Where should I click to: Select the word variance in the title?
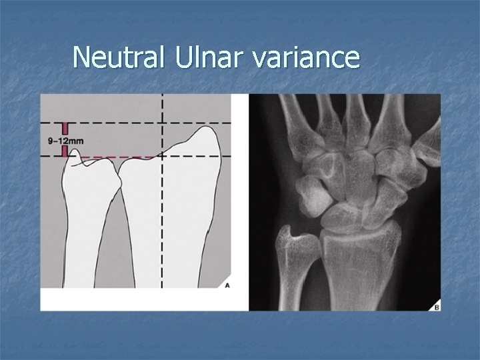[306, 59]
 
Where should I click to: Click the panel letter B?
[436, 306]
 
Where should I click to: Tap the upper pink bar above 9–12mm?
[65, 129]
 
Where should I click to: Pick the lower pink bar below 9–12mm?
[65, 151]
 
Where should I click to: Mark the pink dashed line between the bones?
[120, 158]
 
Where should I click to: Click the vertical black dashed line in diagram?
[163, 220]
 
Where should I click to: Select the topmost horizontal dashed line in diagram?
[133, 123]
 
